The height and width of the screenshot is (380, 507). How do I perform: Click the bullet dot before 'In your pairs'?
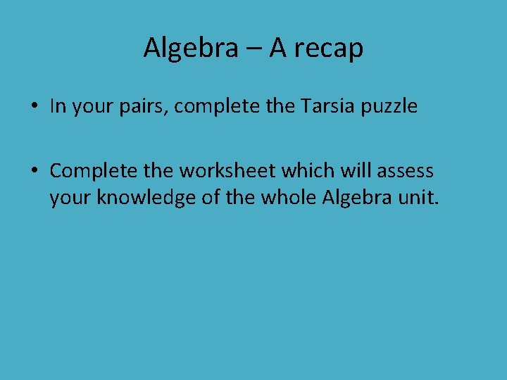point(34,107)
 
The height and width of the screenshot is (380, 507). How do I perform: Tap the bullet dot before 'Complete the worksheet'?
point(34,171)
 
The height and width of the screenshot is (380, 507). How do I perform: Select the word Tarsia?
point(325,106)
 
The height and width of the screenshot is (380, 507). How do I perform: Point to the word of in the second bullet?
point(211,198)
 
